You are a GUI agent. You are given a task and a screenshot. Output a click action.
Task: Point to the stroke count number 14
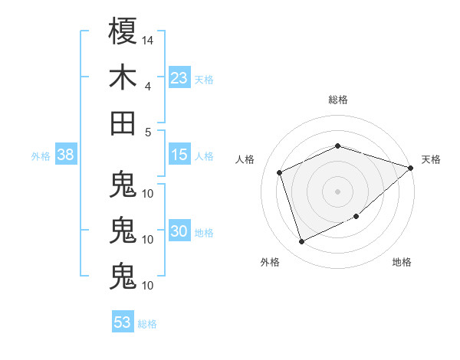148,39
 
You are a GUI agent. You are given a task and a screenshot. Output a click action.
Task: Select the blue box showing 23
179,77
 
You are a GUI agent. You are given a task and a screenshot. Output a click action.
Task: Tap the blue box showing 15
179,155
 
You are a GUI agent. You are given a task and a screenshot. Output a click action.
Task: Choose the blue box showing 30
179,231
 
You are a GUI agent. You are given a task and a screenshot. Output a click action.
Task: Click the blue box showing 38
65,155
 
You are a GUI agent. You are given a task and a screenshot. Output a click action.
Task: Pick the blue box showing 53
123,322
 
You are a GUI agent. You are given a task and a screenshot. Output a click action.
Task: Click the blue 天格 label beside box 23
204,79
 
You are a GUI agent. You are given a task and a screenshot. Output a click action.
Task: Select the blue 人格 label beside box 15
204,156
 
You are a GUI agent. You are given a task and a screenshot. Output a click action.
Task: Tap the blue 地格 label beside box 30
204,233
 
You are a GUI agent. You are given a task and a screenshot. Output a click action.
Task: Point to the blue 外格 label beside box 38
41,156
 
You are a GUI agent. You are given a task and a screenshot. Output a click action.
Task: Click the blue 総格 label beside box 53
147,324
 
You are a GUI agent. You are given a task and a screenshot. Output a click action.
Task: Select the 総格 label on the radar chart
338,100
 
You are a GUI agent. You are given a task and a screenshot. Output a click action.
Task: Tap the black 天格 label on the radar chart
431,159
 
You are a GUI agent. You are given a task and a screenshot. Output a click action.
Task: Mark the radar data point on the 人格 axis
280,172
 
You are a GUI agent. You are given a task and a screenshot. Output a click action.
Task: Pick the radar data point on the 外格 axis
302,242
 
